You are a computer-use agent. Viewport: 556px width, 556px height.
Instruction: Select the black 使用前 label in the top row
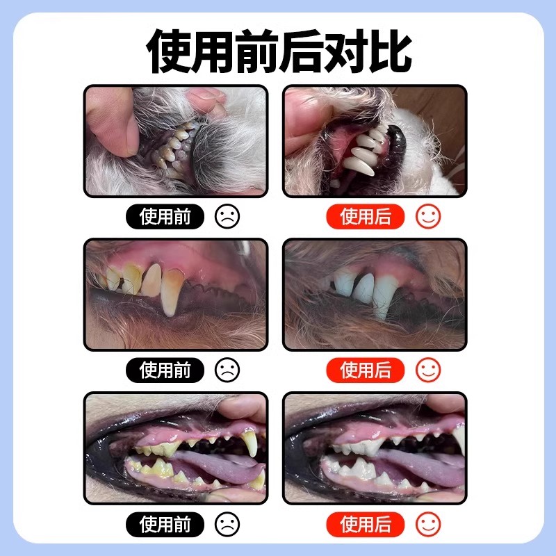pos(165,217)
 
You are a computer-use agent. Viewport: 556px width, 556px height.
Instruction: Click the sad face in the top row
pos(227,217)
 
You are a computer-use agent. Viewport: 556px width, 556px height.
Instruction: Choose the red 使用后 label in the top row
pos(366,217)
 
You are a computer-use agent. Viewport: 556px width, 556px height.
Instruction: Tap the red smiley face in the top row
pos(428,217)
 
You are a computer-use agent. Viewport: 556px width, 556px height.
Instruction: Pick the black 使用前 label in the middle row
pos(165,370)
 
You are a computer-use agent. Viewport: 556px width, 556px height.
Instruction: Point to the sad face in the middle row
pos(227,370)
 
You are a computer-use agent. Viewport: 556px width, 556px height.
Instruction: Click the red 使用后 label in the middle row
pos(366,370)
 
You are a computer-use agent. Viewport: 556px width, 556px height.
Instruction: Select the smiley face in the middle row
pos(428,370)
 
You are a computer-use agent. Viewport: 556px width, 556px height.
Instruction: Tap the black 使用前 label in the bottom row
pos(165,523)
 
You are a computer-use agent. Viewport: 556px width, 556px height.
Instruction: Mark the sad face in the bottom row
pos(227,523)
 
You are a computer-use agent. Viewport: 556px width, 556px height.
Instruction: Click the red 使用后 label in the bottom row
pos(366,523)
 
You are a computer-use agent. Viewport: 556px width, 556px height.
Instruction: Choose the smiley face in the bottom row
pos(428,523)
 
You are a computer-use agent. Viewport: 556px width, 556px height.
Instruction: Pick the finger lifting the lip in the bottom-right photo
pos(445,407)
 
